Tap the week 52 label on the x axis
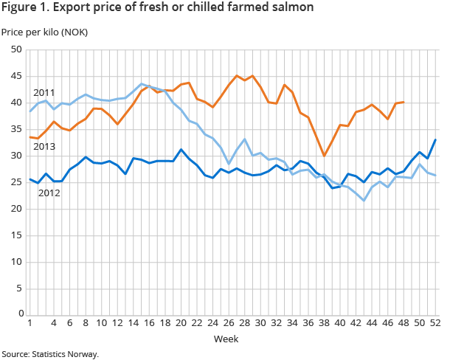[x=435, y=323]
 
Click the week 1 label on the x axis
[x=29, y=323]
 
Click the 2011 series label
[x=44, y=93]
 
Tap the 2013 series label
[x=44, y=148]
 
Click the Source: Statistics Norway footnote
[x=49, y=354]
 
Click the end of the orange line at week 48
[x=403, y=102]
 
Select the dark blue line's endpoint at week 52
[x=435, y=139]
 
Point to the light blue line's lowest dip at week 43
[x=363, y=200]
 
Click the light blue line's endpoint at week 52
[x=435, y=175]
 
